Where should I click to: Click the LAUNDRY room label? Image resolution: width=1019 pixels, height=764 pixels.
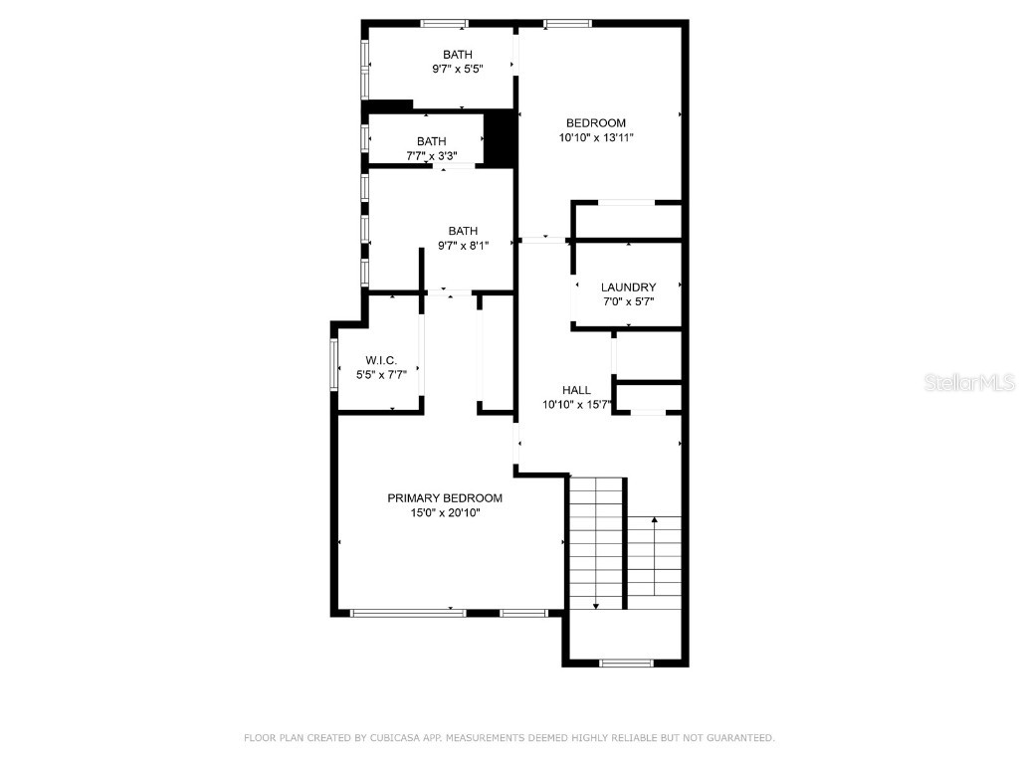628,287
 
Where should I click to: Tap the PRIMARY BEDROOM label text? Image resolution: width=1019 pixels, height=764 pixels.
445,498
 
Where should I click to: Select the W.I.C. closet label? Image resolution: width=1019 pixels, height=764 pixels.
381,360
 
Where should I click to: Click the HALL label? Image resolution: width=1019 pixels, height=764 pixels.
576,390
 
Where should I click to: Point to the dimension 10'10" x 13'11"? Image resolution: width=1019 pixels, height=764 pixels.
596,138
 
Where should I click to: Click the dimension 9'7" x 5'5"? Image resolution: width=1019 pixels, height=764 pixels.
458,70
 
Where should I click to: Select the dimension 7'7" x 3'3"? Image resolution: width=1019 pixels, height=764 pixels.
432,155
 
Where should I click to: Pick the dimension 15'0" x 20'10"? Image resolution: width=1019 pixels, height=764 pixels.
445,513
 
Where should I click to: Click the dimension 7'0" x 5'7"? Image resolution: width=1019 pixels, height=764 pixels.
628,302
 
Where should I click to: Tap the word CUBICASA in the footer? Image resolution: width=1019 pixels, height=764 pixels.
393,738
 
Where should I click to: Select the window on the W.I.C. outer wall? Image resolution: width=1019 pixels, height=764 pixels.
334,363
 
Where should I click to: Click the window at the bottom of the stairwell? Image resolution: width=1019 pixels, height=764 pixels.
627,662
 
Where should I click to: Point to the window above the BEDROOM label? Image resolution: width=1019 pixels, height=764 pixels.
567,23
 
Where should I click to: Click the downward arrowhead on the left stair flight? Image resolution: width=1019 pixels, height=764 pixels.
595,604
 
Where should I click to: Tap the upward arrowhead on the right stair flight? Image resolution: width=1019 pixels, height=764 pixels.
655,518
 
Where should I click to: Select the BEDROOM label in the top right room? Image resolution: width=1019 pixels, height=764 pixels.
596,123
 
